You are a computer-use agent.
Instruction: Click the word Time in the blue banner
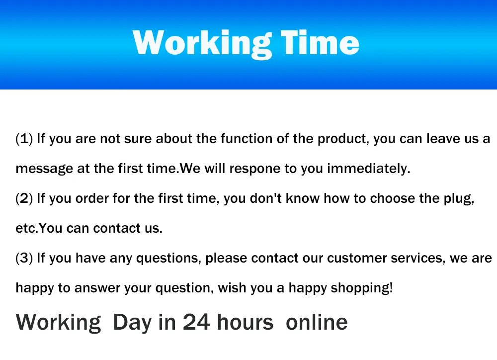[x=320, y=43]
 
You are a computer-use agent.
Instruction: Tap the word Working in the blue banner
[x=202, y=44]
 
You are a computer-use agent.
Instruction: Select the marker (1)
[x=24, y=139]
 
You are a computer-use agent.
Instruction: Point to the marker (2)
[x=24, y=198]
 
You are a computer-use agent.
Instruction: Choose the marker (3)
[x=24, y=258]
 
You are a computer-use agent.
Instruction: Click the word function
[x=247, y=139]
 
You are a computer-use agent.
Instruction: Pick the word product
[x=343, y=139]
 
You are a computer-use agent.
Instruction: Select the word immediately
[x=369, y=169]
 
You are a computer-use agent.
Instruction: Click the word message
[x=44, y=169]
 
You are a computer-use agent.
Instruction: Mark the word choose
[x=393, y=198]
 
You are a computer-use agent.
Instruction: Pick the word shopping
[x=362, y=288]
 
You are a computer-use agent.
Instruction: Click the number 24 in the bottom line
[x=196, y=322]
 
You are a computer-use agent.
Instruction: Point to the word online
[x=317, y=322]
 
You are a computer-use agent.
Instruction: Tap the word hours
[x=245, y=322]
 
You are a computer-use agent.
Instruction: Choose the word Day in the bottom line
[x=132, y=323]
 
